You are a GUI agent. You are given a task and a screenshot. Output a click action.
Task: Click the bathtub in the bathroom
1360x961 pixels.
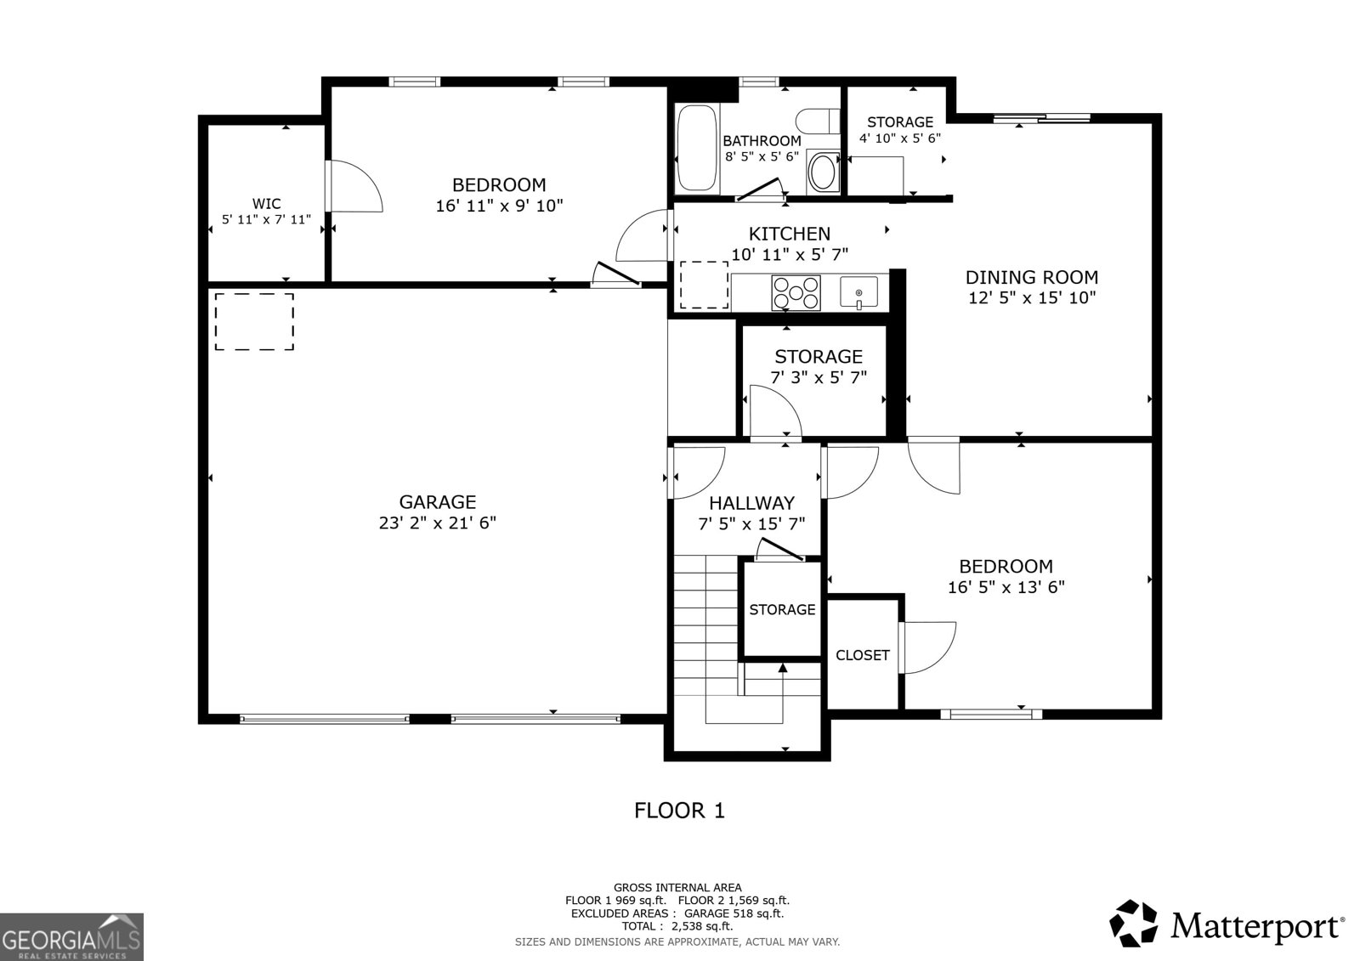[x=698, y=149]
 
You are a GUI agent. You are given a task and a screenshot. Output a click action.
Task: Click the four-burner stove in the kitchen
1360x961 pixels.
[x=796, y=293]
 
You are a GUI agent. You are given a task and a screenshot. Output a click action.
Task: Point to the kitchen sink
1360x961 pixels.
[x=858, y=292]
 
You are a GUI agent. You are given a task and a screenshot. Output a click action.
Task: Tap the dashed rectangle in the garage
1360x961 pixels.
[x=254, y=322]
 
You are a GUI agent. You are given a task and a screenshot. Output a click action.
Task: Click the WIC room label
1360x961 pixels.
[x=266, y=204]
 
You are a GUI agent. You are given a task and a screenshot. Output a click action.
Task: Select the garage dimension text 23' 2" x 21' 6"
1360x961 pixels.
[x=437, y=523]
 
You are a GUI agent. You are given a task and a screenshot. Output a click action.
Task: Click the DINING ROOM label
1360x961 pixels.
[x=1031, y=277]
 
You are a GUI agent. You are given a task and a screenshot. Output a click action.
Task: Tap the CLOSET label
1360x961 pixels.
[x=862, y=655]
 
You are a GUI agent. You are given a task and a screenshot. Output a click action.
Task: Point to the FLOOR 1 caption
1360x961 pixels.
[x=679, y=811]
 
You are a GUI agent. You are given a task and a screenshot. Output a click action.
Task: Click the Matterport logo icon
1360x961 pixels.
[x=1134, y=923]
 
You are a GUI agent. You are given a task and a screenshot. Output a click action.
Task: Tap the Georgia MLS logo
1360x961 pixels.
[x=71, y=936]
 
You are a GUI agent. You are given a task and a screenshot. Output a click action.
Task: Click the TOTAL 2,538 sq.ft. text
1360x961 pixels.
[x=677, y=926]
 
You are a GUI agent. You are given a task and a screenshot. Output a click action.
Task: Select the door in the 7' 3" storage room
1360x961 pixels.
[x=775, y=413]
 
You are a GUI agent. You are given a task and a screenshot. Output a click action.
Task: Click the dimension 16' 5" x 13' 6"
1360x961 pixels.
[x=1006, y=587]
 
